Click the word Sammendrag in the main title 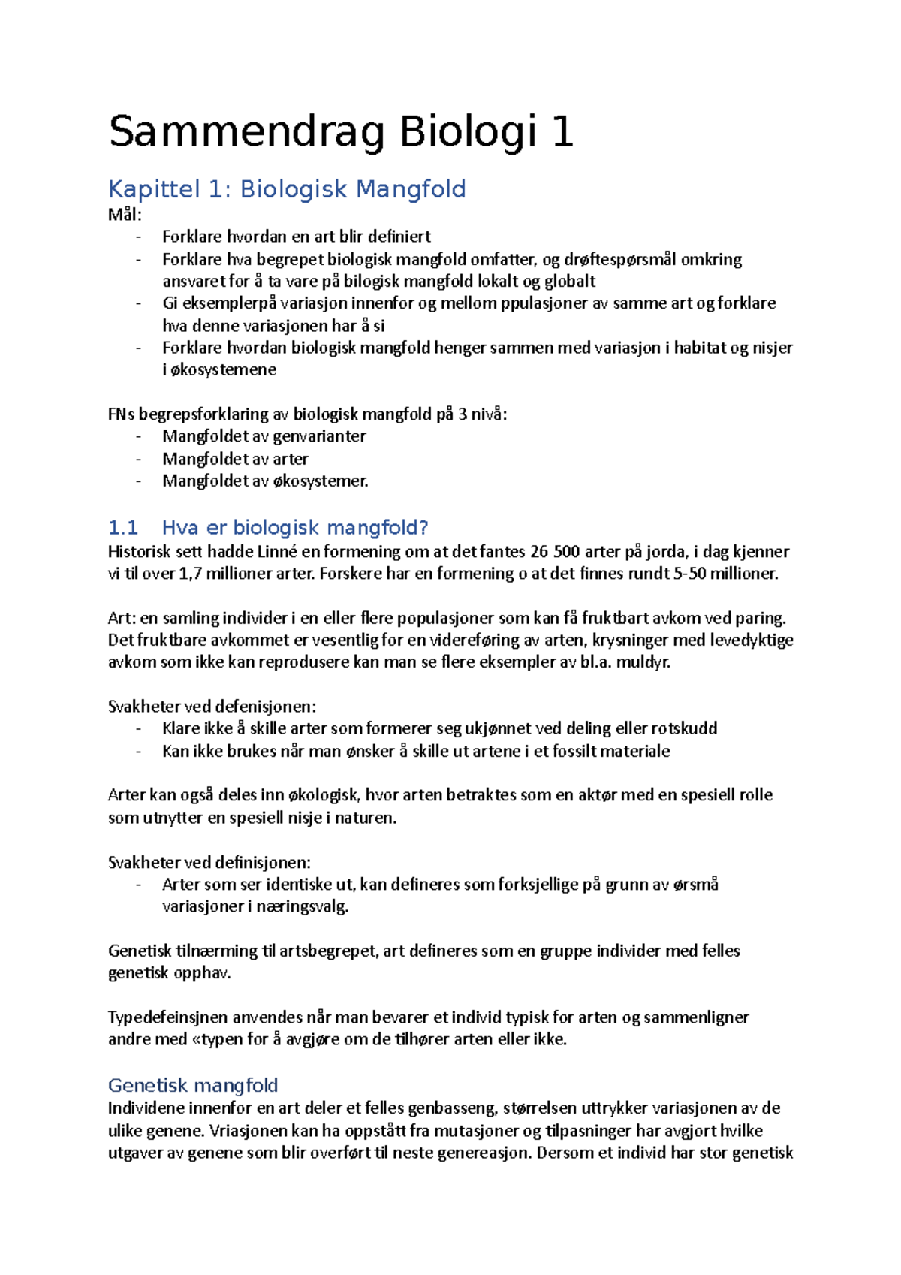tap(246, 133)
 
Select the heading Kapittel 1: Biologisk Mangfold tap(287, 189)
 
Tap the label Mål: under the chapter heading tap(125, 215)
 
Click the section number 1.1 tap(123, 528)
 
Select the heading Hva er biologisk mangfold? tap(295, 528)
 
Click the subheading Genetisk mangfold tap(193, 1085)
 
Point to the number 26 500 tap(554, 552)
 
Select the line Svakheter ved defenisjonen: tap(212, 707)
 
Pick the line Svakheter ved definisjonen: tap(209, 863)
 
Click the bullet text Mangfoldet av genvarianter tap(264, 436)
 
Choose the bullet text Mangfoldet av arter tap(235, 459)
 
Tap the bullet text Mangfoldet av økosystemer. tap(265, 481)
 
